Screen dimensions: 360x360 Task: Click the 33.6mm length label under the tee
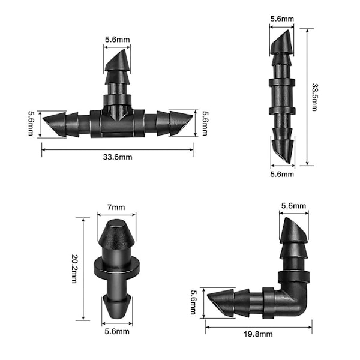tap(118, 157)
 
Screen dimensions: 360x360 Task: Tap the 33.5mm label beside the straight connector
tap(315, 97)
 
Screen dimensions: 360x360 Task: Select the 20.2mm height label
tap(75, 269)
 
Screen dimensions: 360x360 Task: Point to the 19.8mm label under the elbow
tap(258, 334)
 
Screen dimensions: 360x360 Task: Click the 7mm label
tap(116, 208)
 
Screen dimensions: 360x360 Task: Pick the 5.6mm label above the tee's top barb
tap(118, 40)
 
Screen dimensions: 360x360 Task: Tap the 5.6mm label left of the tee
tap(31, 123)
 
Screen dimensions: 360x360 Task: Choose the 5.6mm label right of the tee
tap(205, 123)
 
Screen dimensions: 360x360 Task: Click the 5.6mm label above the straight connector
tap(282, 19)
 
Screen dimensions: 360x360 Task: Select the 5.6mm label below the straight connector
tap(282, 174)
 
